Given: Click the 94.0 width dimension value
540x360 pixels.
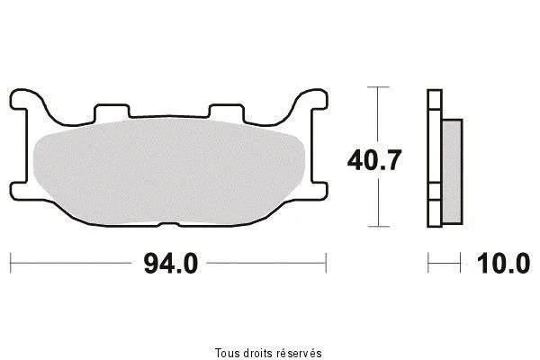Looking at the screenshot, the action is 171,264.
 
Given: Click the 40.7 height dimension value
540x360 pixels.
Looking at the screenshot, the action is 374,160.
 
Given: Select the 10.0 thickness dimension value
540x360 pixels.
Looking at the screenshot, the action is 503,264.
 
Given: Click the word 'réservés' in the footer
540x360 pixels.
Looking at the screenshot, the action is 300,353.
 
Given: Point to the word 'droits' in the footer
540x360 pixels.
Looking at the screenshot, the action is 259,353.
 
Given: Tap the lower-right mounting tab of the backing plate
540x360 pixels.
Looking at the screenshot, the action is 319,191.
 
